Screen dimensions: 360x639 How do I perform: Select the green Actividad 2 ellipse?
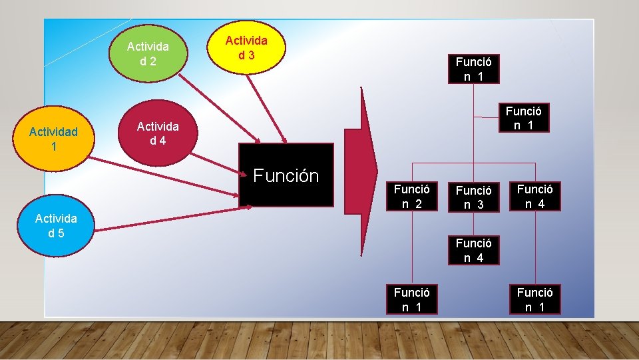pos(148,53)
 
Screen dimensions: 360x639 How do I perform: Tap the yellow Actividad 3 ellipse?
pos(246,47)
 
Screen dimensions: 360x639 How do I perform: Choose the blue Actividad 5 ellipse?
pos(56,225)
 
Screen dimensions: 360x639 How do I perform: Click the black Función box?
pos(286,175)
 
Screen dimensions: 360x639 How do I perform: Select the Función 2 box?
pos(411,196)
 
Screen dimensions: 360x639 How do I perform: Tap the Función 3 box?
pos(473,197)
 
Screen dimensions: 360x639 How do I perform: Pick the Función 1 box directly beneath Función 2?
pos(411,299)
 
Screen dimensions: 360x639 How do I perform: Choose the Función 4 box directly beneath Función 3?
pos(473,250)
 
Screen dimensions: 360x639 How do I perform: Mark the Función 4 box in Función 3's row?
pos(534,196)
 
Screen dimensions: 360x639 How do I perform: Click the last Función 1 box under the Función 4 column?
pos(534,299)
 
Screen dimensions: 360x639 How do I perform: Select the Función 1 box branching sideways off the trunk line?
pos(523,117)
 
